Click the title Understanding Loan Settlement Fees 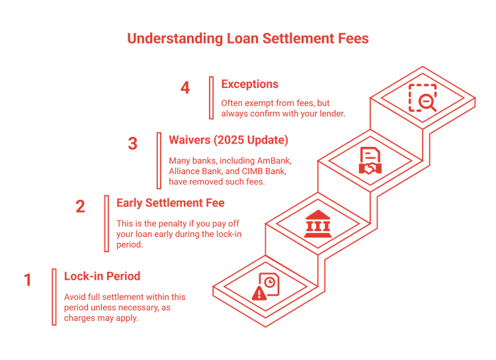[247, 38]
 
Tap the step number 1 [27, 280]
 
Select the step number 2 [80, 206]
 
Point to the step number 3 [133, 144]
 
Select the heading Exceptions [249, 84]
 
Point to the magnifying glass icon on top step [424, 101]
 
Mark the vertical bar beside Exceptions [212, 98]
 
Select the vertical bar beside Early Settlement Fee [106, 223]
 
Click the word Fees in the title [351, 38]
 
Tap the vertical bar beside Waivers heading [159, 160]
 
